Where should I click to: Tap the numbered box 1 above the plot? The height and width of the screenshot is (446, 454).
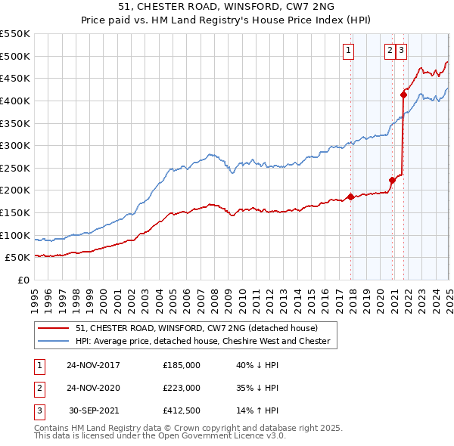pos(349,51)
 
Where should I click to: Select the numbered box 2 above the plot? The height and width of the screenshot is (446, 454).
pos(390,51)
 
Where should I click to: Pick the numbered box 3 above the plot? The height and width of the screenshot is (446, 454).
pos(401,51)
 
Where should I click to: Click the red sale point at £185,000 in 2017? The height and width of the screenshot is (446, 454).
pos(351,197)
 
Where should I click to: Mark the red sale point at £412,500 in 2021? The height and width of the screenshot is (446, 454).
pos(404,94)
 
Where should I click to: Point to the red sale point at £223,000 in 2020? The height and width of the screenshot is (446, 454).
pos(393,180)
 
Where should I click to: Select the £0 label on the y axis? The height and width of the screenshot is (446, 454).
pos(23,280)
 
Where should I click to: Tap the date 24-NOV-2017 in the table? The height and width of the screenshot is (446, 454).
pos(93,365)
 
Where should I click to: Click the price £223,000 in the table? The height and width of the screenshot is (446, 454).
pos(182,388)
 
